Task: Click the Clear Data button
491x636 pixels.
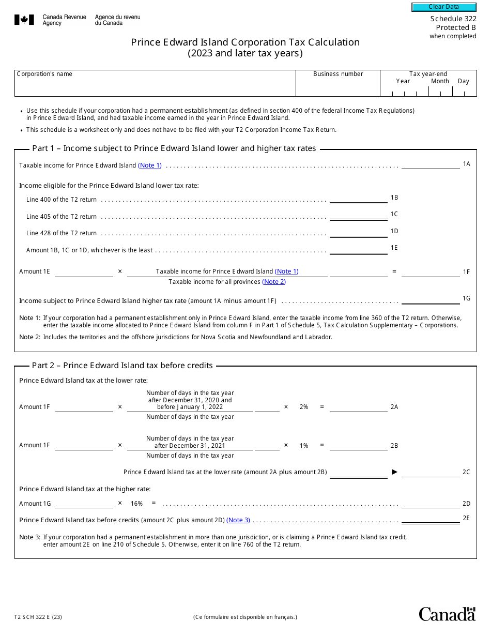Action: click(443, 7)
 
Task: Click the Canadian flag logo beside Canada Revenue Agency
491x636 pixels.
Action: click(24, 20)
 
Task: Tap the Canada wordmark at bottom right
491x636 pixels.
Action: click(447, 614)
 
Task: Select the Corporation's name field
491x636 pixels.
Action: click(155, 87)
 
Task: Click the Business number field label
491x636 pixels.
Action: click(338, 74)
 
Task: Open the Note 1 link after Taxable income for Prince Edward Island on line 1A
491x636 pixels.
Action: click(150, 165)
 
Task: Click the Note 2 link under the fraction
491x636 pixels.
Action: click(274, 282)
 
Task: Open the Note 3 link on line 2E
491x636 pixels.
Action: click(238, 520)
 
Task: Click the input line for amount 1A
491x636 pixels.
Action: click(430, 165)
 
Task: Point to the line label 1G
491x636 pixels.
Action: click(466, 298)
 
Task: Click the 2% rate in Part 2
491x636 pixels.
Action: click(304, 407)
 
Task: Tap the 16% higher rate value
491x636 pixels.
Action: click(136, 504)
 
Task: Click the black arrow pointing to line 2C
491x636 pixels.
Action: click(394, 472)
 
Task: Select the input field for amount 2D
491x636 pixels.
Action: click(430, 504)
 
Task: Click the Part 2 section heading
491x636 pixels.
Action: click(122, 366)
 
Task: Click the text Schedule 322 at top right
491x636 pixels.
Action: click(453, 19)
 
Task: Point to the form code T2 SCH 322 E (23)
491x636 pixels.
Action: click(38, 617)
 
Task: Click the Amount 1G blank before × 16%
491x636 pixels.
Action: click(84, 504)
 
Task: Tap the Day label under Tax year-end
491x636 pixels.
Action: click(463, 81)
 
